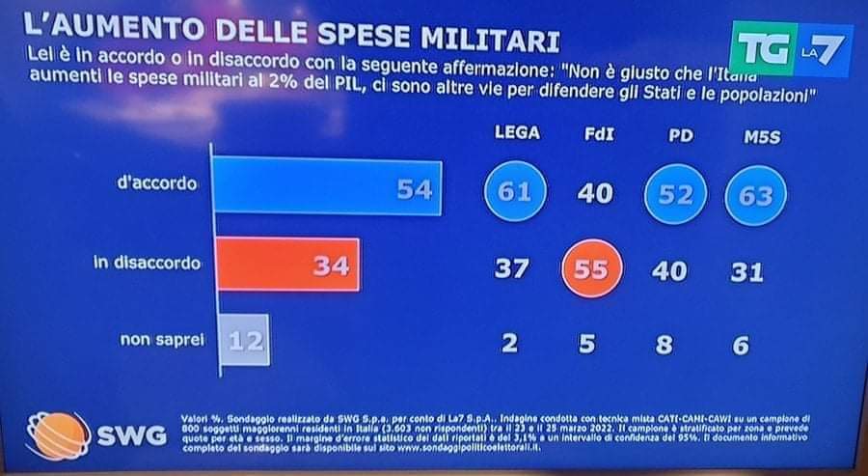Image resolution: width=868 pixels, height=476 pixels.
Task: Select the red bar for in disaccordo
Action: point(285,264)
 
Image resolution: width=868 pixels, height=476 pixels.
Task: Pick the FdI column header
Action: point(594,135)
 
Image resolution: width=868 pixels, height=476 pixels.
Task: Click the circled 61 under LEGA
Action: point(515,193)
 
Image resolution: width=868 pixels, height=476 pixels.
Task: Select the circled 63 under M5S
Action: point(756,195)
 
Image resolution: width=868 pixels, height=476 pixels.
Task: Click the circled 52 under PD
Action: point(676,194)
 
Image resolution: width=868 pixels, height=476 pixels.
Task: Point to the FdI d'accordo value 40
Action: point(594,194)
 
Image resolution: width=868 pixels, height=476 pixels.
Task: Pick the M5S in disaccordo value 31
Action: point(746,271)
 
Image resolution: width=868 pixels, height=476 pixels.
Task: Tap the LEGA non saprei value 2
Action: point(509,343)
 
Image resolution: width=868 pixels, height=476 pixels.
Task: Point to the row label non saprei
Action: point(160,340)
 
